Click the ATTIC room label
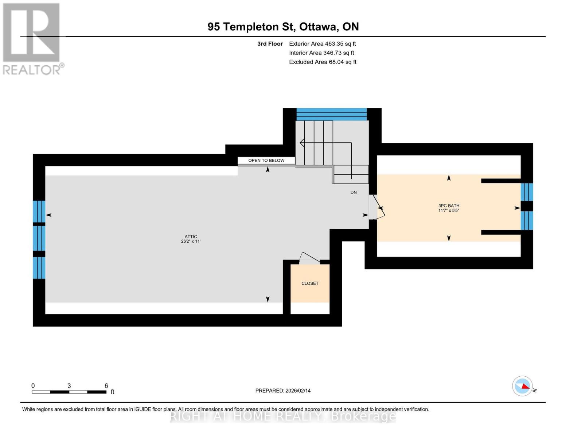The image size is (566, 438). [x=191, y=237]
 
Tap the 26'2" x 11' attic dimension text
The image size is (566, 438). [x=191, y=241]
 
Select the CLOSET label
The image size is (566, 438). [x=310, y=283]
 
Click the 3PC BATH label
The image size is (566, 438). [x=449, y=206]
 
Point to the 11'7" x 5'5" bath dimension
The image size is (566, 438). [x=449, y=211]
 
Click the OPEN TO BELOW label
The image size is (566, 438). [x=266, y=160]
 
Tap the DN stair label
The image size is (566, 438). [x=354, y=192]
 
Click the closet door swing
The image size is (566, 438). [x=309, y=258]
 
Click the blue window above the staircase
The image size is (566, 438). [x=331, y=114]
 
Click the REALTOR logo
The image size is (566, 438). [x=32, y=38]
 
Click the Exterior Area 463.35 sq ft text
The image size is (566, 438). [x=322, y=44]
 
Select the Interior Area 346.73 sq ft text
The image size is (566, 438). [x=321, y=53]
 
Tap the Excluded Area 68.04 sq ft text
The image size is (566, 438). [x=323, y=62]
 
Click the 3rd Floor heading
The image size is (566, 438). [x=270, y=44]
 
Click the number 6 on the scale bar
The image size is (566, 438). [x=106, y=385]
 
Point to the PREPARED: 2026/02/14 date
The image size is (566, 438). [x=283, y=391]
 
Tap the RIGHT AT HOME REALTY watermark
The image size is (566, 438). [x=283, y=416]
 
